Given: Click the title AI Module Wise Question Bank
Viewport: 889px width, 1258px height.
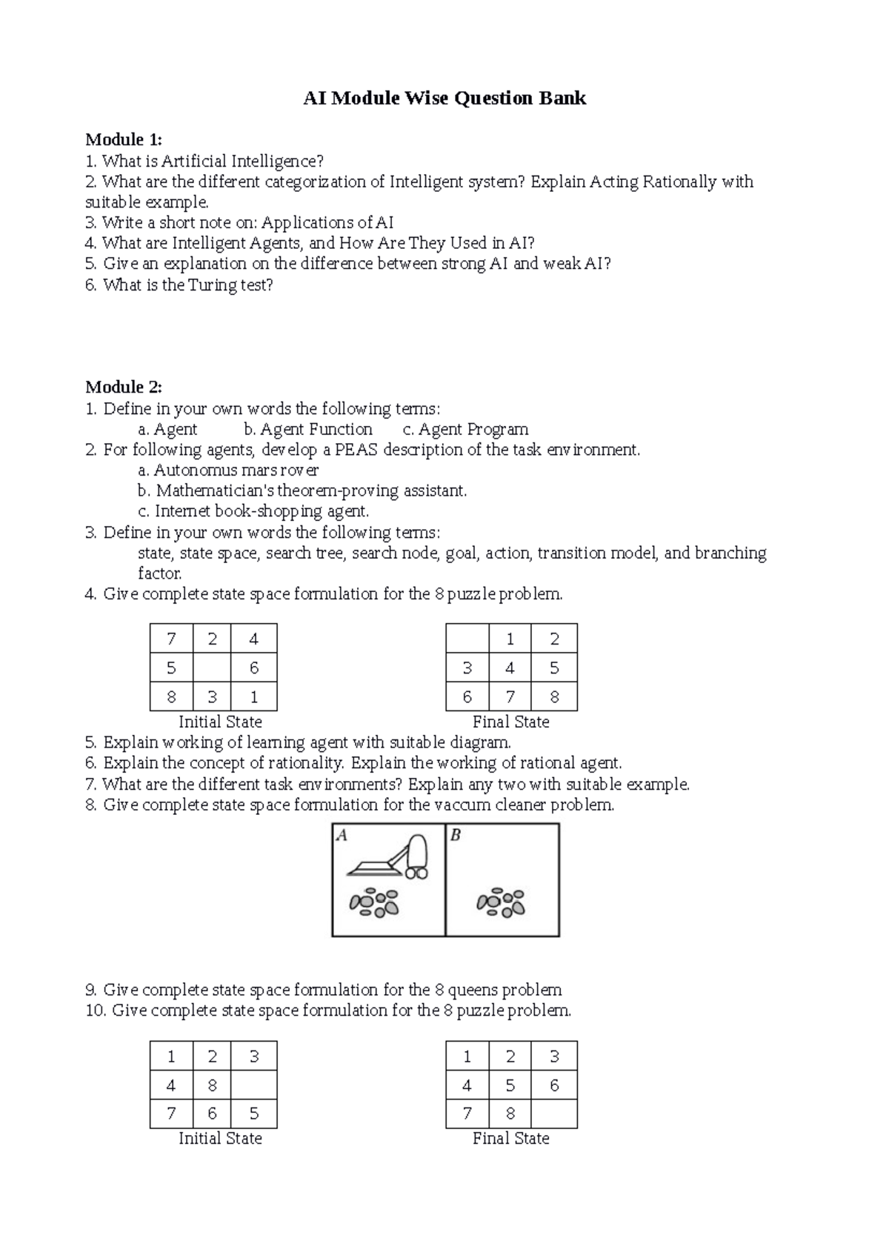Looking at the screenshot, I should click(x=444, y=99).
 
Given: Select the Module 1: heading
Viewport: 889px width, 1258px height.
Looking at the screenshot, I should click(x=123, y=140).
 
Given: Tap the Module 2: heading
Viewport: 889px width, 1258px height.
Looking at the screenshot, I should click(x=123, y=387).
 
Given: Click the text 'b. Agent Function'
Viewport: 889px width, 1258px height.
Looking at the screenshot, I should click(x=307, y=429).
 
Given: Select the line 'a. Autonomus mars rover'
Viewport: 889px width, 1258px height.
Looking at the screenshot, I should click(x=228, y=470).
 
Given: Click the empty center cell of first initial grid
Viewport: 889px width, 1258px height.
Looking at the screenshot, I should click(x=212, y=668).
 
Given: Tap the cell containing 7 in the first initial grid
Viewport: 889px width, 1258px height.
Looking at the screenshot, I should click(x=171, y=639).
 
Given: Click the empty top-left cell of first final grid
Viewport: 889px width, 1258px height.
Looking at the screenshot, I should click(x=467, y=639).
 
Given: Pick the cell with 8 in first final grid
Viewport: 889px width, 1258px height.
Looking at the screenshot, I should click(x=554, y=696).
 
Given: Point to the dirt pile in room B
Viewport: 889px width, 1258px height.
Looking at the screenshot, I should click(x=502, y=902).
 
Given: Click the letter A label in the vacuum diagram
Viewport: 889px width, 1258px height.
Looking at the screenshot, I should click(x=342, y=836).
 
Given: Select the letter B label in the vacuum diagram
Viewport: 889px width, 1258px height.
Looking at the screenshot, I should click(x=455, y=836).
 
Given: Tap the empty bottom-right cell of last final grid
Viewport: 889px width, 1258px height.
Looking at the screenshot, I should click(x=554, y=1114).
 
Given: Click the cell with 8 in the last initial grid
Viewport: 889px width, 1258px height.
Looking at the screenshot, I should click(x=212, y=1085).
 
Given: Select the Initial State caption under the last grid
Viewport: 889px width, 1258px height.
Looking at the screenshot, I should click(x=220, y=1139).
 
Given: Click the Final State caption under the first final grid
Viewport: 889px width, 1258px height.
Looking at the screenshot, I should click(x=510, y=722).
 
